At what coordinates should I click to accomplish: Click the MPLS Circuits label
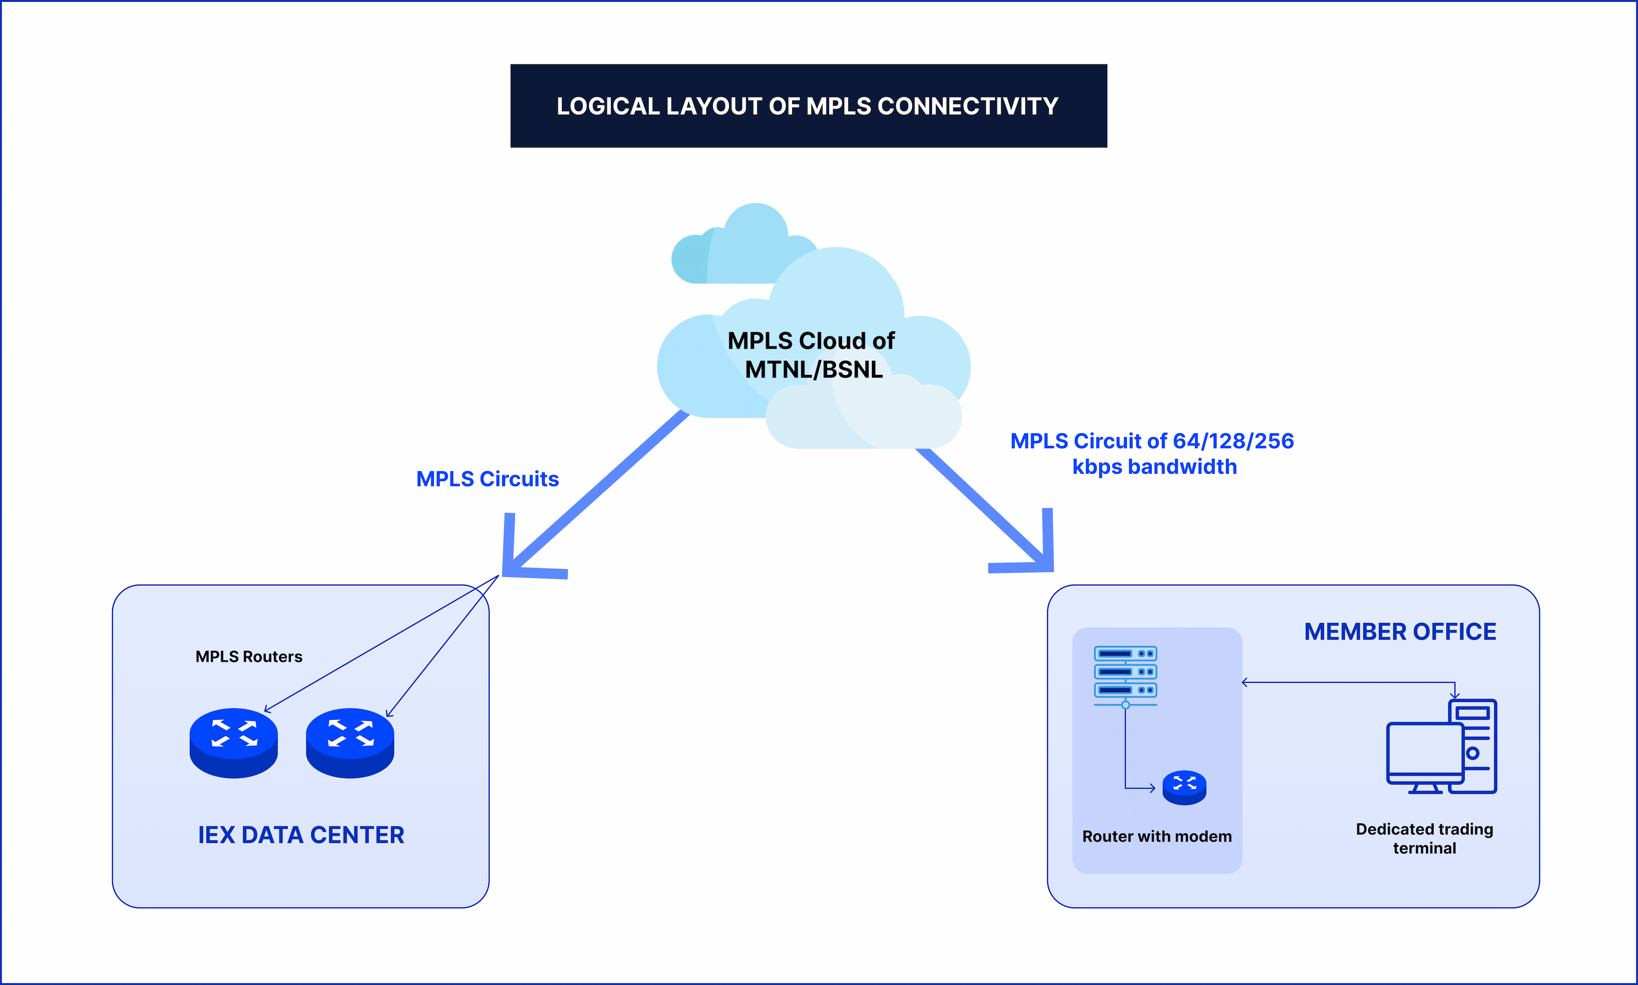click(488, 478)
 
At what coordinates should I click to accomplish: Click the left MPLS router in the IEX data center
click(234, 742)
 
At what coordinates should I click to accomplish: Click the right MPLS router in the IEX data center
click(350, 742)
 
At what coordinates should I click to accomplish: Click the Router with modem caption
click(1157, 836)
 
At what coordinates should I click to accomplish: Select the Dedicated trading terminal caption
click(1424, 838)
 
